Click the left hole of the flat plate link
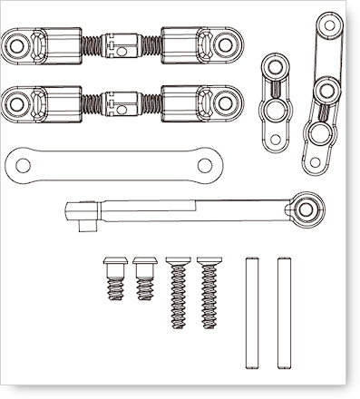[x=22, y=164]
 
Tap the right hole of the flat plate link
[x=205, y=164]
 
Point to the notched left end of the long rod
[x=77, y=214]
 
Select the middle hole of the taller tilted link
[x=322, y=89]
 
